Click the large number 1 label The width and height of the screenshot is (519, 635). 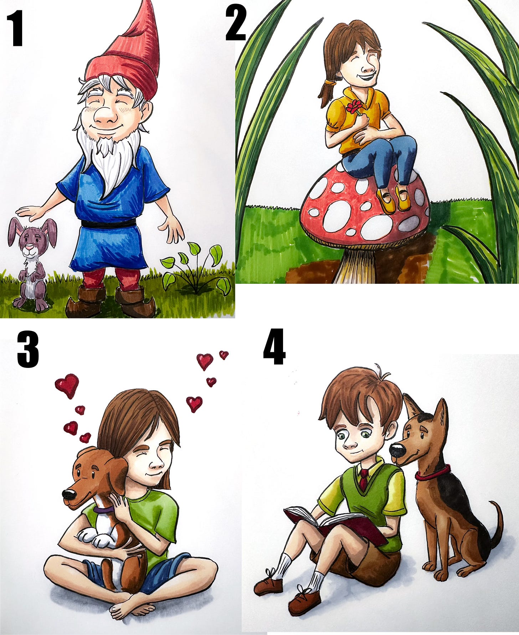pos(15,29)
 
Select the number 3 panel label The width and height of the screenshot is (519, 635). pos(28,349)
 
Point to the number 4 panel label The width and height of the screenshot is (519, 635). pos(274,347)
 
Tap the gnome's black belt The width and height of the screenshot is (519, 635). pos(109,223)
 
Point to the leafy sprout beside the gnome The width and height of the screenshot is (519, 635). pos(196,267)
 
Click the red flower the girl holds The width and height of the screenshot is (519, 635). pos(354,107)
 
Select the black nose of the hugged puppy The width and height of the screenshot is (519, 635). pos(69,494)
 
